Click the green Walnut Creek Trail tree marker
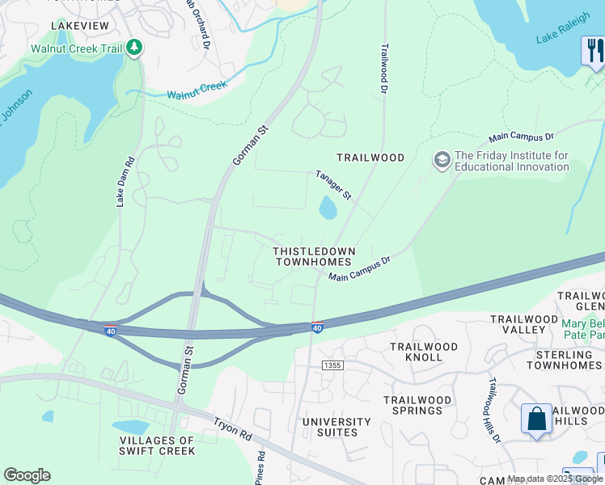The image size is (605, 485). [x=134, y=48]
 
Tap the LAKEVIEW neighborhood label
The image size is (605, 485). [x=79, y=26]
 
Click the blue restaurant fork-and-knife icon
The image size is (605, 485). [x=593, y=51]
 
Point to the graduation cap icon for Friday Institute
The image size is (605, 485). [x=442, y=160]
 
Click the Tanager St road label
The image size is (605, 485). [x=334, y=185]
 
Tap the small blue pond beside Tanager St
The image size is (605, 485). [x=328, y=209]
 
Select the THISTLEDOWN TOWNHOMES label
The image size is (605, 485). [x=313, y=257]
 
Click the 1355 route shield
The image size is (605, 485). [x=332, y=366]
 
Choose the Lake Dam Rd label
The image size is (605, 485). [x=122, y=181]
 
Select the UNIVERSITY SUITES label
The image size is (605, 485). [x=336, y=427]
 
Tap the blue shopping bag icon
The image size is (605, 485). [x=536, y=420]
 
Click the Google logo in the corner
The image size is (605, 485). [x=27, y=475]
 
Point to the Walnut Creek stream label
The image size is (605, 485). [x=197, y=90]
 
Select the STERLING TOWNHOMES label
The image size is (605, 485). [x=564, y=360]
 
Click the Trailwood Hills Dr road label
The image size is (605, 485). [x=493, y=409]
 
